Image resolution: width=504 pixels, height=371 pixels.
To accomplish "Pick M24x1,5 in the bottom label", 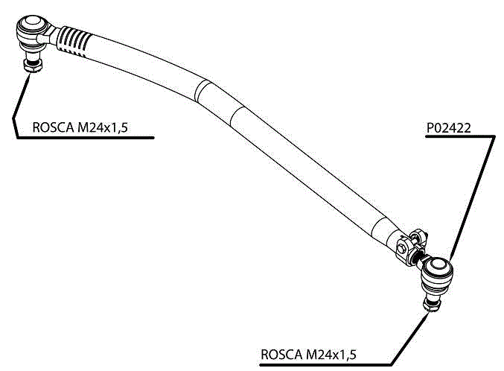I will click(331, 354).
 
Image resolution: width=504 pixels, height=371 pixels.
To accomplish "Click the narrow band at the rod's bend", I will click(200, 91).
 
